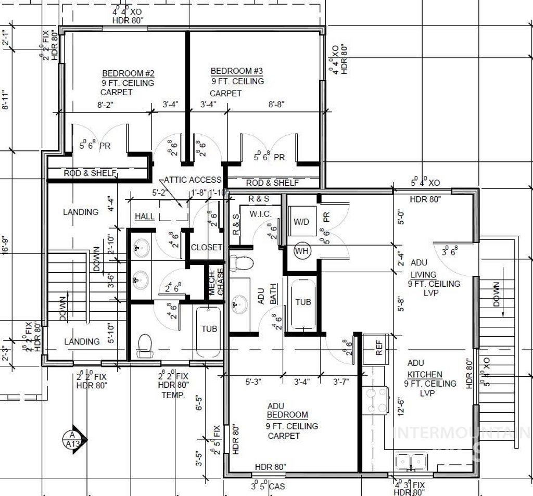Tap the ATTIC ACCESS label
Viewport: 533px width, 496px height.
(x=193, y=180)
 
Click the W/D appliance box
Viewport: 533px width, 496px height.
(x=301, y=222)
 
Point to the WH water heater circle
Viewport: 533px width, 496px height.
(x=301, y=251)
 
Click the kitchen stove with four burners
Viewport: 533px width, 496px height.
(x=377, y=399)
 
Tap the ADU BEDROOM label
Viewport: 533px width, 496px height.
(x=287, y=411)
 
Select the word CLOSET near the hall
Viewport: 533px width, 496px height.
(x=207, y=247)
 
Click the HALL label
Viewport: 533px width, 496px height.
(x=145, y=216)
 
